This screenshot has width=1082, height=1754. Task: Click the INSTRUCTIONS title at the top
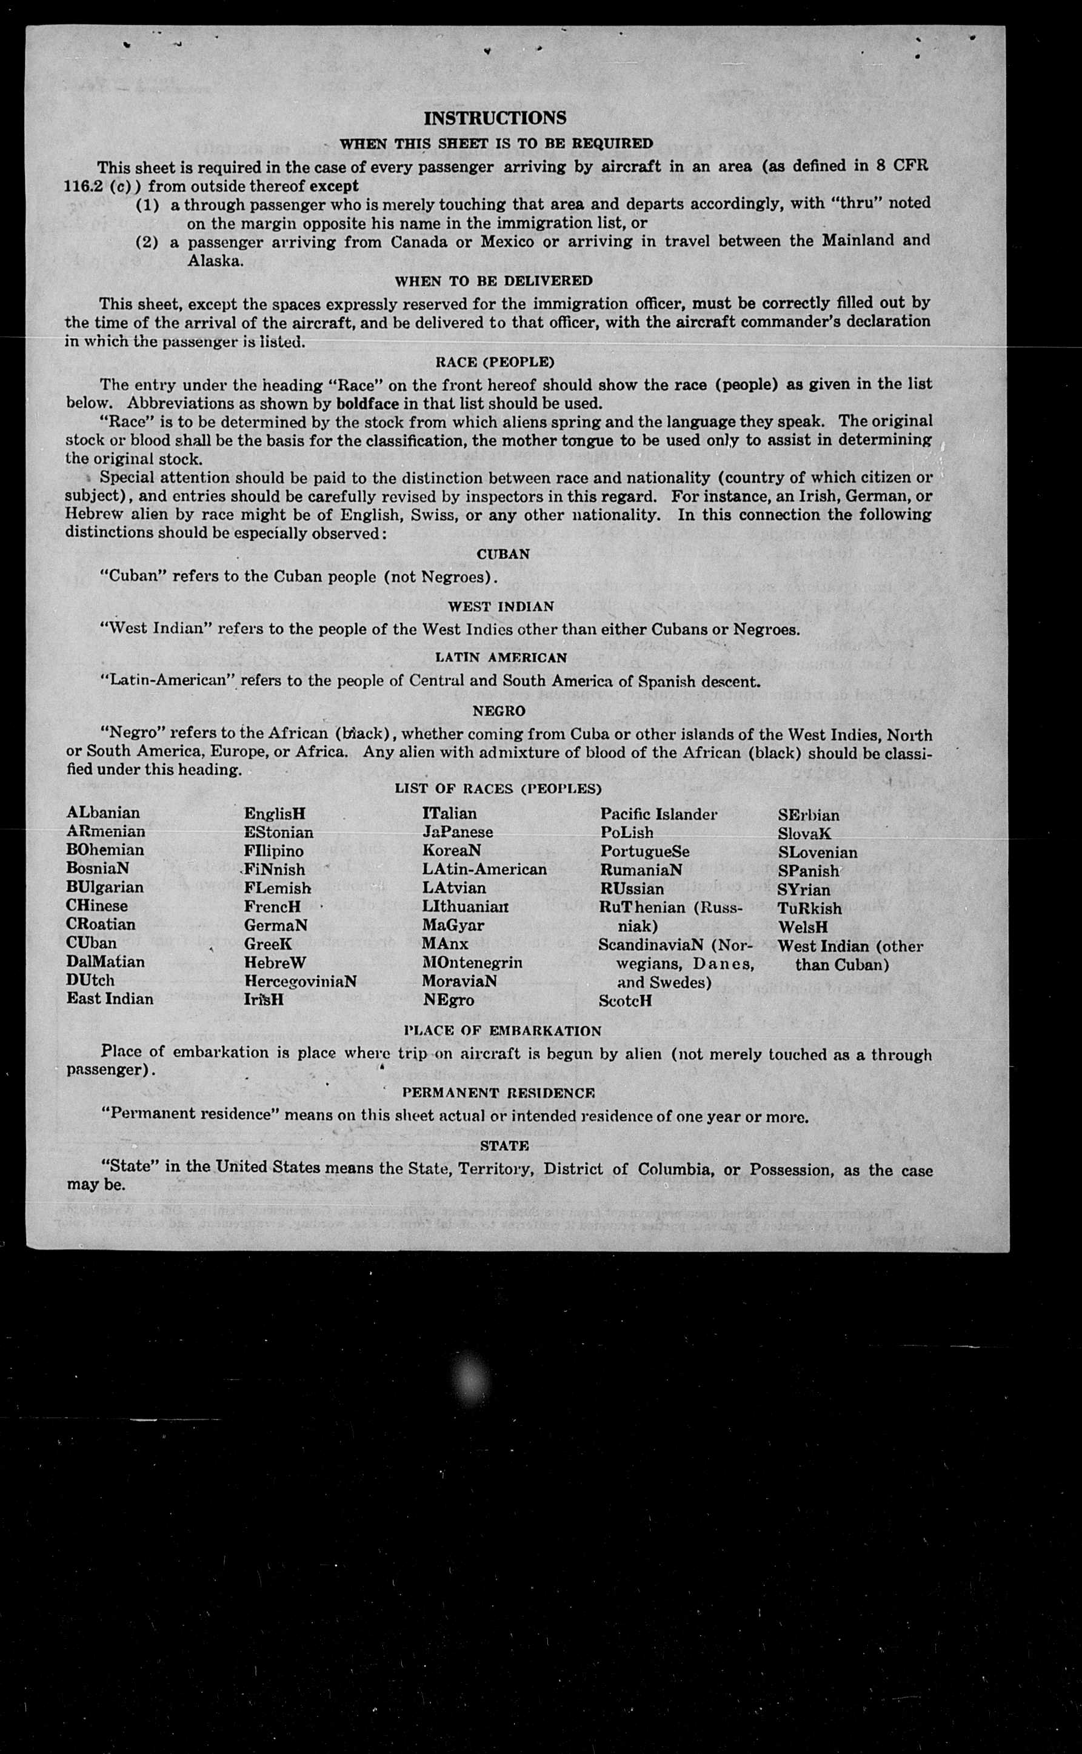(x=495, y=118)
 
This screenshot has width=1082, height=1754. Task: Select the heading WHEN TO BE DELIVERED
(x=494, y=281)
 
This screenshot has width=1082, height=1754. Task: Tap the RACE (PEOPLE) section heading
(x=495, y=362)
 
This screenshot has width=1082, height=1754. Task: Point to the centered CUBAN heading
(x=503, y=554)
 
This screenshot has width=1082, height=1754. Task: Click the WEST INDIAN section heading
(x=501, y=606)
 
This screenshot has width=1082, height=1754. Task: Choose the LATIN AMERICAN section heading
(x=501, y=657)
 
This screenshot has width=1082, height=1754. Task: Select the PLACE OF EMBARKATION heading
(x=503, y=1031)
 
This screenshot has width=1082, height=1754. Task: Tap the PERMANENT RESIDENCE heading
(x=498, y=1093)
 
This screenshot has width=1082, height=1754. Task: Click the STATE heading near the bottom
(x=504, y=1146)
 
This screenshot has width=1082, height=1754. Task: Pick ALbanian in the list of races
(x=103, y=813)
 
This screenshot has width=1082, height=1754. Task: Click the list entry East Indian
(x=110, y=999)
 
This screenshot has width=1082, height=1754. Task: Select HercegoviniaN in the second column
(x=300, y=981)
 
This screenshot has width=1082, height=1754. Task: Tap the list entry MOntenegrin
(x=472, y=963)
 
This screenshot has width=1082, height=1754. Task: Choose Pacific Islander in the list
(x=658, y=814)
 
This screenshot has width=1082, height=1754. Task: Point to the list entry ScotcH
(x=625, y=1001)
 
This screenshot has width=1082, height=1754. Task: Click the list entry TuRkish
(x=809, y=909)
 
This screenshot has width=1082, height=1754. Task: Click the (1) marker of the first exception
(x=147, y=204)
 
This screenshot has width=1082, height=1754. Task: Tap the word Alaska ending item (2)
(x=215, y=261)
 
